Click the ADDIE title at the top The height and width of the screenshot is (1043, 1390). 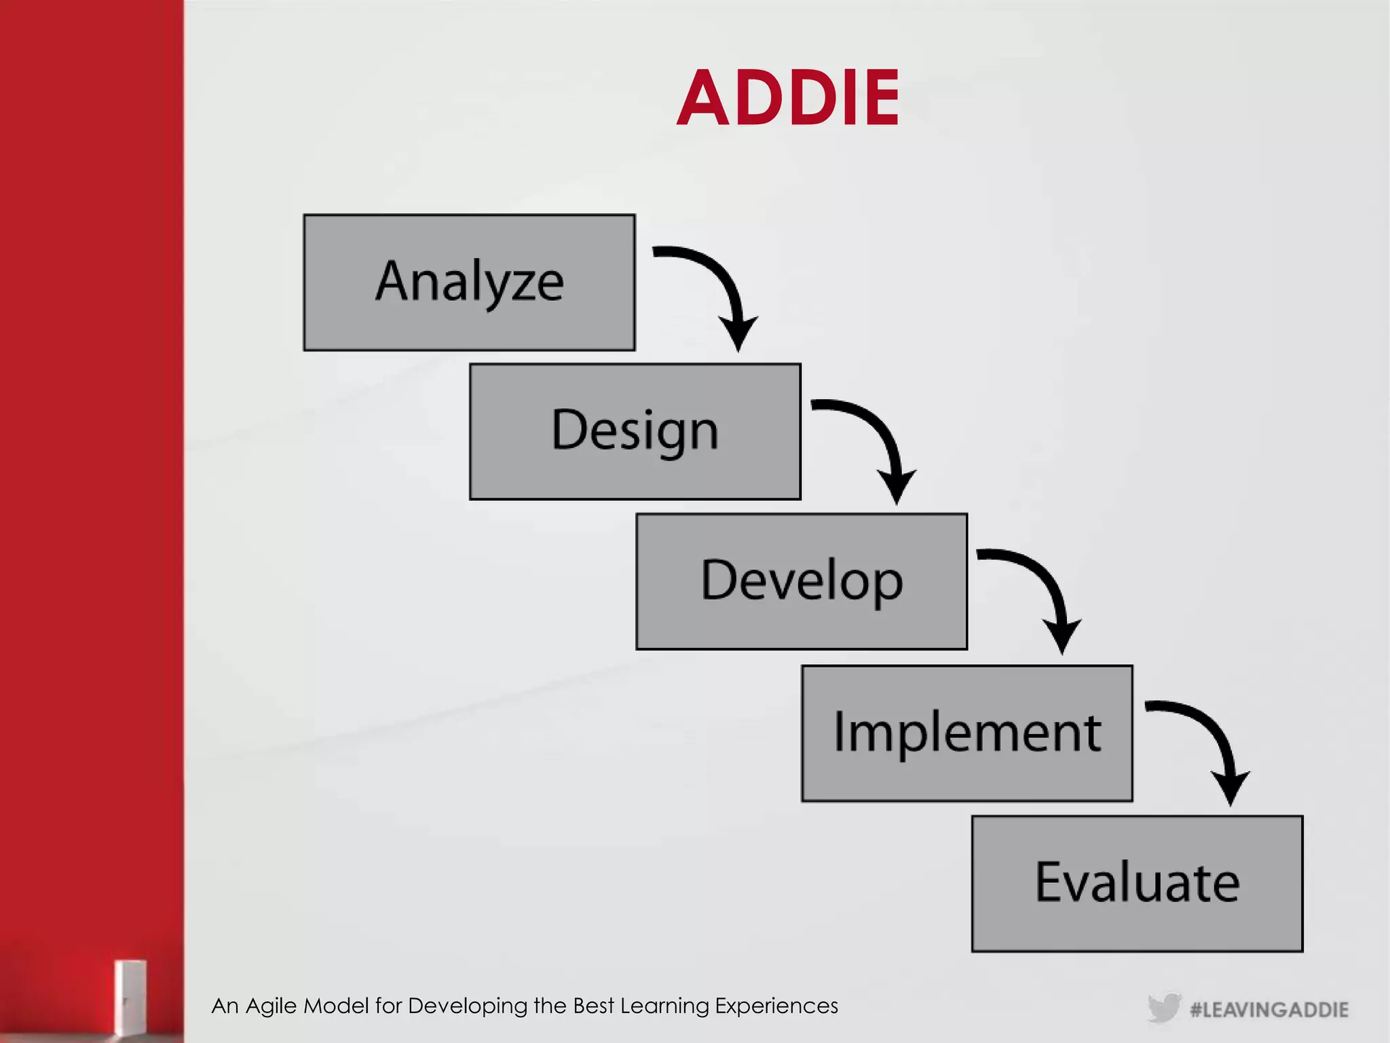click(788, 99)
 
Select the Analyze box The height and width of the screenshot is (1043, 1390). click(469, 282)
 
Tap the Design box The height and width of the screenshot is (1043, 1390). click(635, 432)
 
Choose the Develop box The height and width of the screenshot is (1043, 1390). click(802, 582)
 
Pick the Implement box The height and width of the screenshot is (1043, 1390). click(967, 733)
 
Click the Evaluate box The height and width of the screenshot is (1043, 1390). click(1137, 883)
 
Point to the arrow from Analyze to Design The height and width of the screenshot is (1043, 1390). click(719, 285)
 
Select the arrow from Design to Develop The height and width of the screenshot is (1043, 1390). click(879, 438)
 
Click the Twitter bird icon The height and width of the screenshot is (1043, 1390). click(1164, 1008)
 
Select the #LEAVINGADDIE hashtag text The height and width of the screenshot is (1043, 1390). click(1269, 1010)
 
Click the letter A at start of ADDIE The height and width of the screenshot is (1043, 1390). click(702, 99)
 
